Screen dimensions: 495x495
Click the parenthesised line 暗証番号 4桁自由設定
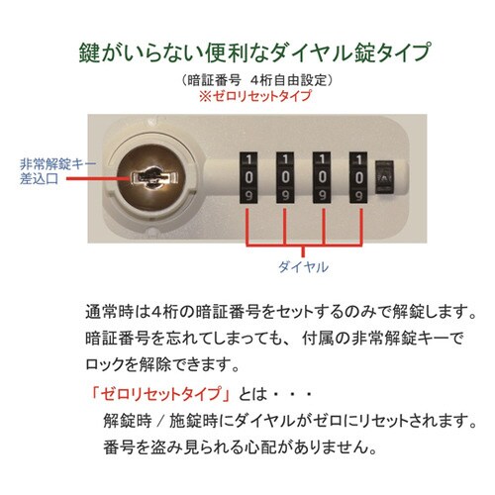pyautogui.click(x=247, y=79)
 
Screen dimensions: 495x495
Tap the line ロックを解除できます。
pyautogui.click(x=162, y=361)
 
